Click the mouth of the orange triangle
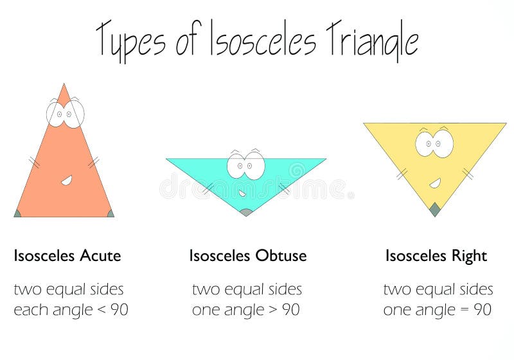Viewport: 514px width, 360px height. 66,181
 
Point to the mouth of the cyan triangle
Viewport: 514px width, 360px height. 242,193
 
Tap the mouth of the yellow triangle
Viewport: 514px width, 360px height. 435,184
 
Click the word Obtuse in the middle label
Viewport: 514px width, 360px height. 281,256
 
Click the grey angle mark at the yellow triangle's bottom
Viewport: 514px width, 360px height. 435,208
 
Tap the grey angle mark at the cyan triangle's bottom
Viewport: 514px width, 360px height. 245,212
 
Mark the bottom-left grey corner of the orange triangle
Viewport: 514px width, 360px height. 18,213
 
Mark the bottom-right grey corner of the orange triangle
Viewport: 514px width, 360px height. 110,213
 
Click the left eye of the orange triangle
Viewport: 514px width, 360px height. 57,114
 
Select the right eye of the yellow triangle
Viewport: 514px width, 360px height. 443,144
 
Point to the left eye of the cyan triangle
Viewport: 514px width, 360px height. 238,166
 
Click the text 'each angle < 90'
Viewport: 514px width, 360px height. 71,310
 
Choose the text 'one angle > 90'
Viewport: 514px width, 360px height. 245,310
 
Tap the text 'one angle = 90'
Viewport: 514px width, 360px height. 437,310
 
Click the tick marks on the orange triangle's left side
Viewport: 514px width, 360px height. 34,163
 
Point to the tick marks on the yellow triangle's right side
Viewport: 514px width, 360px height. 468,173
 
